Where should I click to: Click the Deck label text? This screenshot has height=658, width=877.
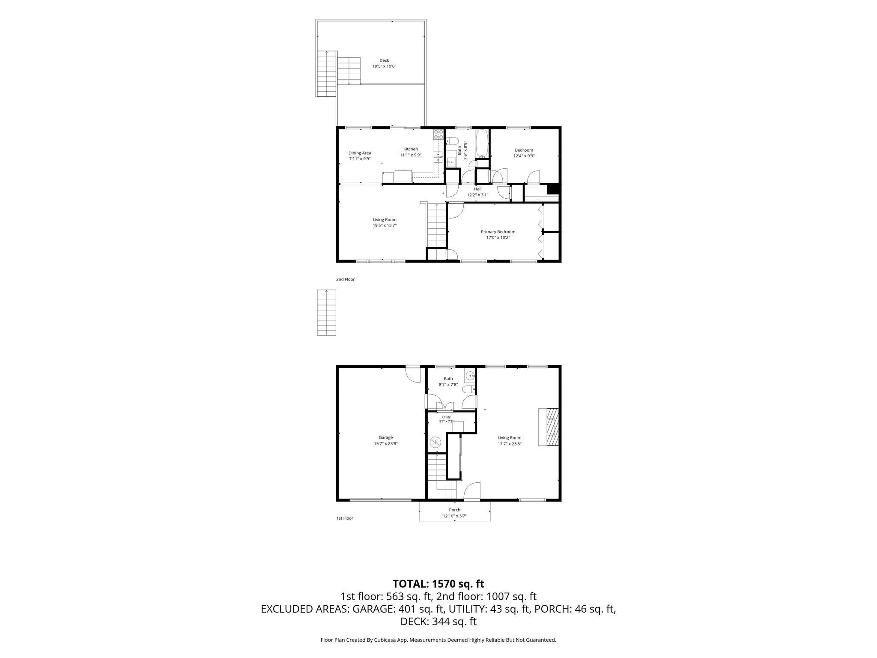(x=384, y=60)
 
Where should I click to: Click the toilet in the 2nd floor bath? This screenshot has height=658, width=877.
(x=452, y=141)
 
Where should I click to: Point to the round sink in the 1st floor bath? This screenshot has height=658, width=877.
(x=470, y=376)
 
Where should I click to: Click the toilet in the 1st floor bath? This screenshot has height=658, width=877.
(x=470, y=389)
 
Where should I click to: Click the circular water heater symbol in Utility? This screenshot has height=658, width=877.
(x=436, y=442)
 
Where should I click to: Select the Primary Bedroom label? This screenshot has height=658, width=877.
(x=498, y=232)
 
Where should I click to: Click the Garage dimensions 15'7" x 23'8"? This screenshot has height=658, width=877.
(x=386, y=444)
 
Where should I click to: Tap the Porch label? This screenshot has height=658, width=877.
(x=455, y=510)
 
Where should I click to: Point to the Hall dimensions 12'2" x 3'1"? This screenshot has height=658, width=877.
(x=477, y=195)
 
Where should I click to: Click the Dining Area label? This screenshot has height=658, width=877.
(x=360, y=153)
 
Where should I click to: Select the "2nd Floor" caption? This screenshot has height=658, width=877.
(x=346, y=279)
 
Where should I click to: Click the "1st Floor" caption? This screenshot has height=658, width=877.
(x=345, y=518)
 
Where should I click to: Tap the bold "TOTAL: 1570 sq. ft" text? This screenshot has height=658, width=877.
(x=438, y=583)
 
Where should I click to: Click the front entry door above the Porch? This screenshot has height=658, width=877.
(x=472, y=491)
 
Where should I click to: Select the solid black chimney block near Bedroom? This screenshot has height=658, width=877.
(x=554, y=189)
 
